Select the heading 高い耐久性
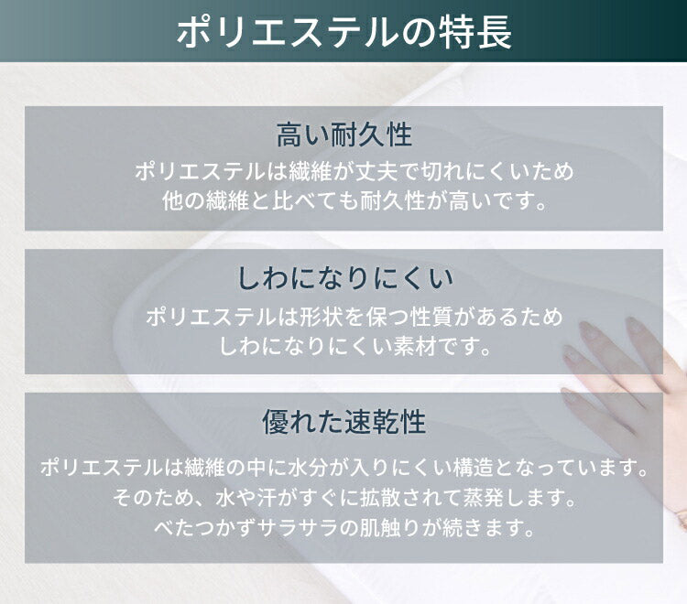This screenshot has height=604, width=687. [x=343, y=135]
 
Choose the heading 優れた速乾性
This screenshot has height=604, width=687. [x=343, y=423]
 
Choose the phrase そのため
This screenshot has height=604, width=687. [x=146, y=499]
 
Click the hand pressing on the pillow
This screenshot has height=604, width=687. [x=632, y=366]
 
